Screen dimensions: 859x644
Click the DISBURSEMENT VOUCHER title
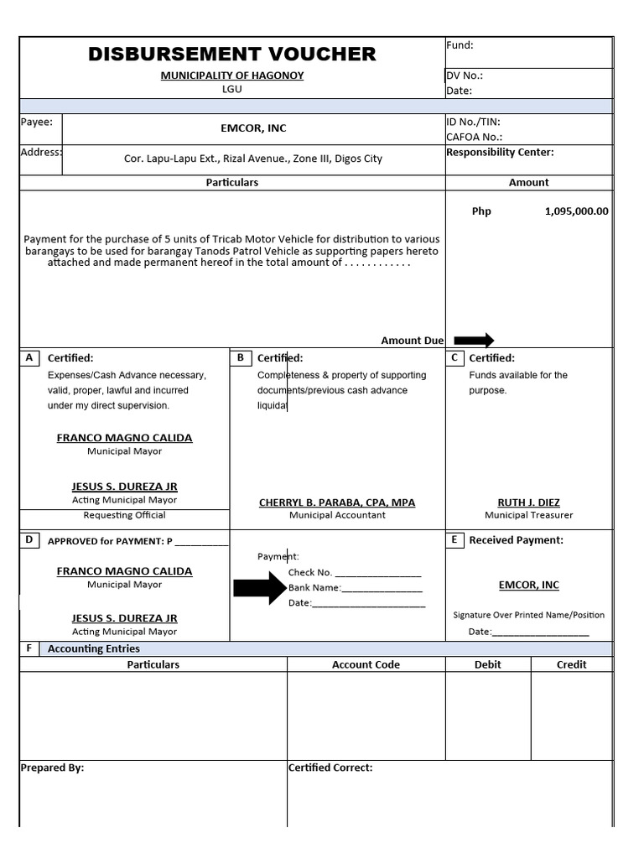[232, 55]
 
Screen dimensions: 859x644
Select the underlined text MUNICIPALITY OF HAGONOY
[232, 75]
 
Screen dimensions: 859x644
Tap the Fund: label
[460, 45]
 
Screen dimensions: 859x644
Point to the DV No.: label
[465, 75]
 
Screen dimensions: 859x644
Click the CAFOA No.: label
[474, 137]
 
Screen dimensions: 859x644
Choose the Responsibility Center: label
[500, 153]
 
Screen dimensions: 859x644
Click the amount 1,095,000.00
[576, 211]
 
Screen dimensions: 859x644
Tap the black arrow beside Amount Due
[474, 340]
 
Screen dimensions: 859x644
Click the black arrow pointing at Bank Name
[259, 587]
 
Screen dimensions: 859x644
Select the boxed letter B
[240, 357]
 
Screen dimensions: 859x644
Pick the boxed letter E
[454, 539]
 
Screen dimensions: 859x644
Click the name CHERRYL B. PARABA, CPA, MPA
[337, 502]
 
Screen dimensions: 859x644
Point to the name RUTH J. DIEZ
[528, 502]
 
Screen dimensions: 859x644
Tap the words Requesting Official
[124, 515]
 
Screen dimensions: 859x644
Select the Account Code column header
[366, 664]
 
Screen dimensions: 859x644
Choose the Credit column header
[571, 664]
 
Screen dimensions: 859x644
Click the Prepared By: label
[52, 768]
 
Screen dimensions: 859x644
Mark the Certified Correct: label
[330, 768]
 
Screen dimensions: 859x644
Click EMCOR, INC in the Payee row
[253, 128]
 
